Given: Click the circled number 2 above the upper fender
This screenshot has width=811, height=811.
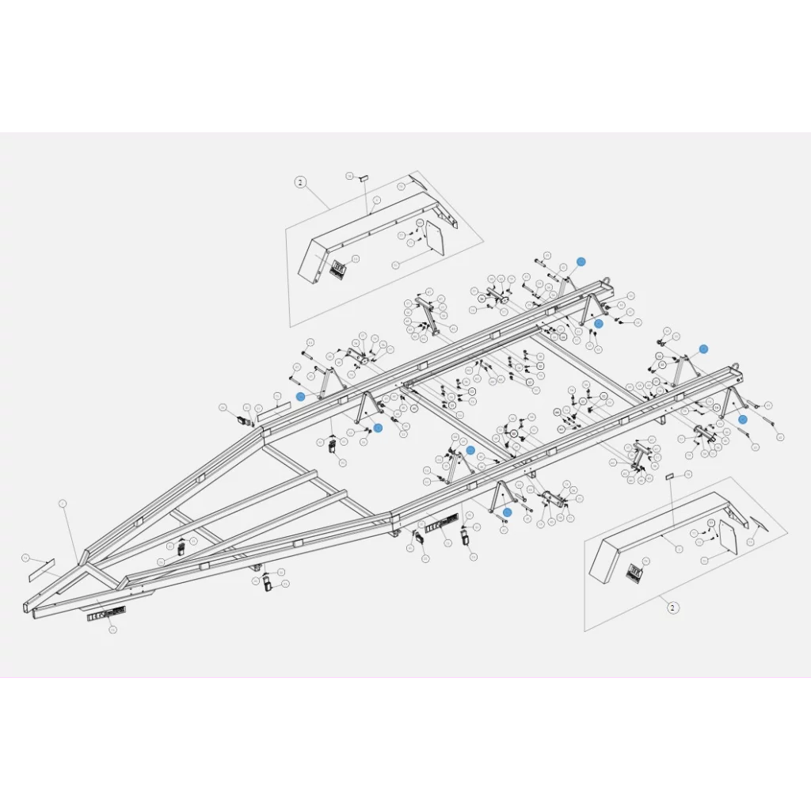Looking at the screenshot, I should coord(300,182).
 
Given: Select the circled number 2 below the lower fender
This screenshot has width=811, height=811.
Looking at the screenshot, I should coord(672,608).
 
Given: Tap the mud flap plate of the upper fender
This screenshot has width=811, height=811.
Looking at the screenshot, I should coord(435,237).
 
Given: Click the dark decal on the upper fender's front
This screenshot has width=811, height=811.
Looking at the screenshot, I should coord(338,269).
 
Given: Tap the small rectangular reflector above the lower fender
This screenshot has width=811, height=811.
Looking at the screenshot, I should coord(669,477).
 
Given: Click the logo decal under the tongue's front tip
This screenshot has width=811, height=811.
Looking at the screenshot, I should coord(106,614).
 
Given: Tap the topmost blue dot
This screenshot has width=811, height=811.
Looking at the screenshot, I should coord(581,261).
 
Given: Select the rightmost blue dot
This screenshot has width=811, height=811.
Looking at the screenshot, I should coord(743,419).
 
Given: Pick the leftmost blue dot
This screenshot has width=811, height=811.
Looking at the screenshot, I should coord(300,396).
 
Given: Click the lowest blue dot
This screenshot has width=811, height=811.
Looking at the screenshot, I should coord(508,512).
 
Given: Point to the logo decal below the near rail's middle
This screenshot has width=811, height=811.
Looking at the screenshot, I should coord(441,524).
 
